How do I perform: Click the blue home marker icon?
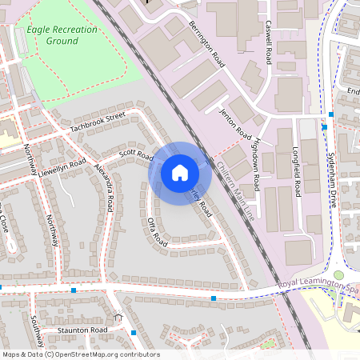pos(179,173)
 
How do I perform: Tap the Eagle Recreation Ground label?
pos(62,35)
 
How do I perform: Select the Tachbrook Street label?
pos(98,122)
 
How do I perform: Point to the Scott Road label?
pos(135,154)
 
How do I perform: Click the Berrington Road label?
pos(206,42)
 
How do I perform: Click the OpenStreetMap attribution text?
pos(80,354)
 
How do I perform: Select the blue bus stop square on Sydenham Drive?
pos(325,126)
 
